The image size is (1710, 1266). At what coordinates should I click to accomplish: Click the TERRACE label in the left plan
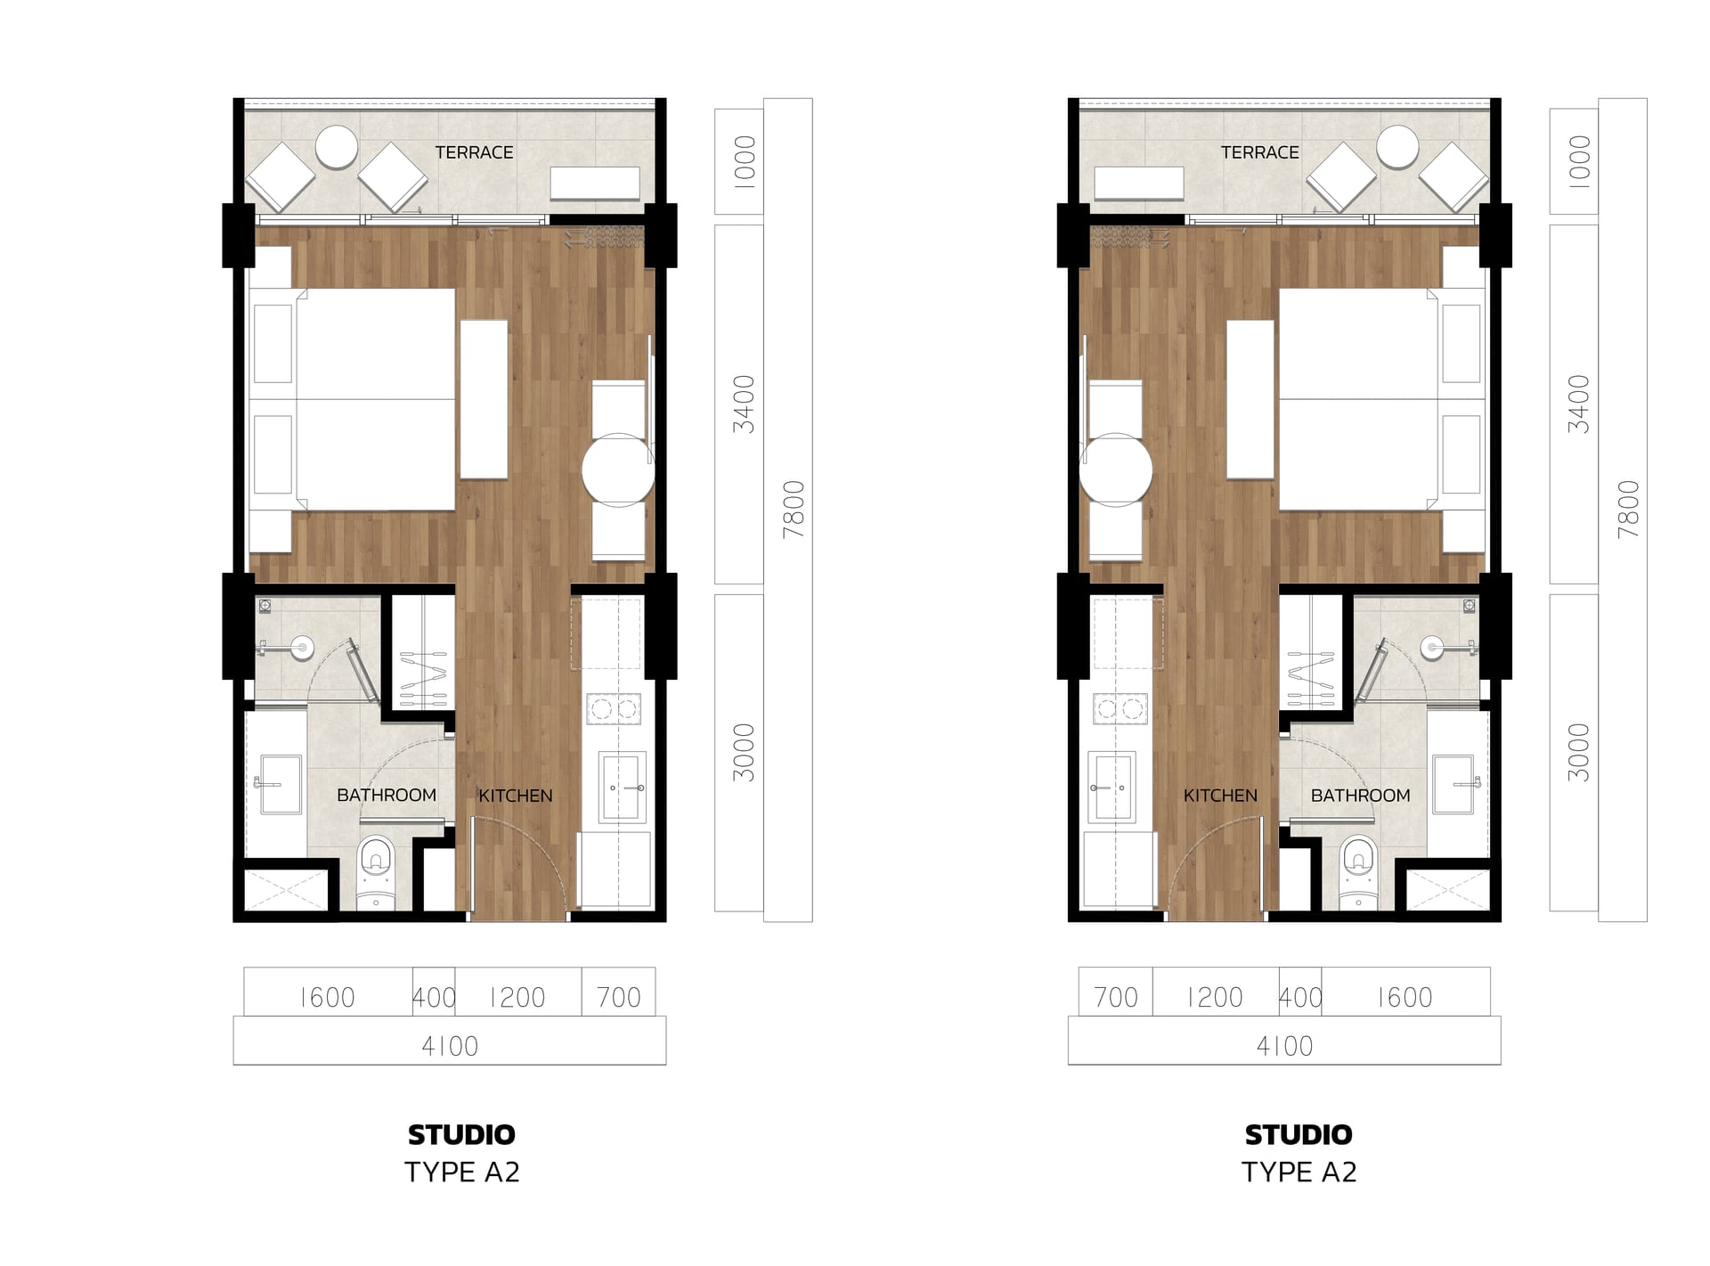click(x=474, y=152)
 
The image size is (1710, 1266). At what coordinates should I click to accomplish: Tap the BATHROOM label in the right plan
click(x=1360, y=796)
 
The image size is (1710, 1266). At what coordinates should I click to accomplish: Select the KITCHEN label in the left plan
click(x=516, y=796)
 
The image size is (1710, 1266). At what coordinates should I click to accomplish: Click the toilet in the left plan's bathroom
click(x=376, y=872)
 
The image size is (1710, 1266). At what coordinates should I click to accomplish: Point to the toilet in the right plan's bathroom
click(x=1358, y=872)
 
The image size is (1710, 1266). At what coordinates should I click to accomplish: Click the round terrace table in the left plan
click(x=337, y=147)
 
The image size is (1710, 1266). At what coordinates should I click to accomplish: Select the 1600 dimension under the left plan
click(x=327, y=997)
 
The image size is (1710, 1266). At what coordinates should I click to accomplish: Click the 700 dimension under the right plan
click(x=1116, y=997)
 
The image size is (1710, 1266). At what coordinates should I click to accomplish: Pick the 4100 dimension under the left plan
click(x=450, y=1046)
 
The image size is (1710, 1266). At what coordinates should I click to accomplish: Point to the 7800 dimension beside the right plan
click(x=1628, y=510)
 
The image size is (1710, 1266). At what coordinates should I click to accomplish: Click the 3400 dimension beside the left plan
click(x=744, y=404)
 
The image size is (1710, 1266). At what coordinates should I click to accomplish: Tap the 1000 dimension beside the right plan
click(x=1579, y=161)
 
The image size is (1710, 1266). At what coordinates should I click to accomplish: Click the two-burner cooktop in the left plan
click(x=614, y=709)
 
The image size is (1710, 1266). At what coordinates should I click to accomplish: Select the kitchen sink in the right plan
click(x=1111, y=788)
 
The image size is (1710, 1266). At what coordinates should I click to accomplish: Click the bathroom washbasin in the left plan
click(x=280, y=785)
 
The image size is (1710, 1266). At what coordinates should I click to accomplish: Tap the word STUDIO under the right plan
click(x=1299, y=1134)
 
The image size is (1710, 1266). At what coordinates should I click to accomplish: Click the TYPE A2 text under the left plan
click(x=462, y=1172)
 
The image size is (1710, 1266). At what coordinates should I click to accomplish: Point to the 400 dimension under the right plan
click(x=1300, y=997)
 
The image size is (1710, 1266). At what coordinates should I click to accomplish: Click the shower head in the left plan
click(x=303, y=648)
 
